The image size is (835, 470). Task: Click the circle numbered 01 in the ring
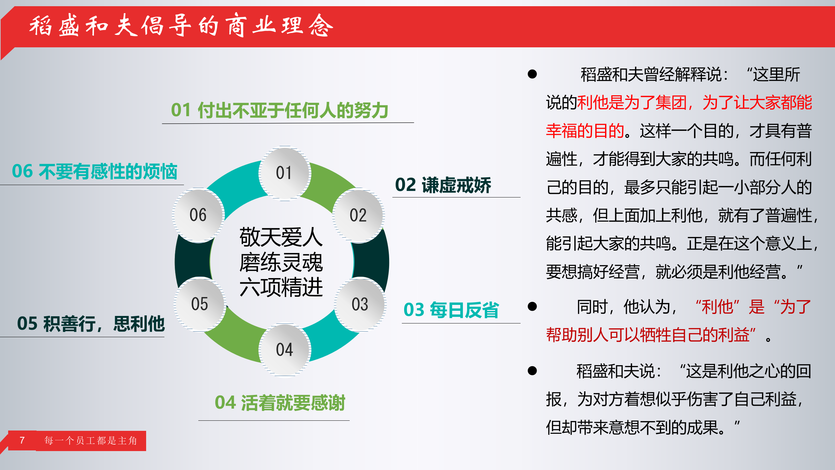click(284, 173)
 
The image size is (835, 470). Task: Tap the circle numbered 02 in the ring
click(358, 215)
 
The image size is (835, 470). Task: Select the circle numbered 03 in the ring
click(360, 304)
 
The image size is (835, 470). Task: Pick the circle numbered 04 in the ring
click(284, 350)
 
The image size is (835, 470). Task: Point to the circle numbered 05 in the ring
click(200, 304)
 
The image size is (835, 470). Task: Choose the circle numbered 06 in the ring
click(198, 215)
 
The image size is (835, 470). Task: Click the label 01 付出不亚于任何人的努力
click(280, 110)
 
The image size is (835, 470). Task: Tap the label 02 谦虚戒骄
click(443, 185)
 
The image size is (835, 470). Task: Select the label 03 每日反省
click(451, 310)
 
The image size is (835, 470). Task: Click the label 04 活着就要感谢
click(280, 403)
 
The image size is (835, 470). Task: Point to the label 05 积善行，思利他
click(91, 324)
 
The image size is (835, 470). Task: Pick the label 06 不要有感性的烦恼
click(95, 172)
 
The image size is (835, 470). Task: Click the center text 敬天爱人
click(281, 237)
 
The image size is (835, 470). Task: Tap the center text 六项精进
click(281, 288)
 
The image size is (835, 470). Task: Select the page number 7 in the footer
click(22, 441)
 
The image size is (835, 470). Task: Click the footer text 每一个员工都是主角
click(91, 441)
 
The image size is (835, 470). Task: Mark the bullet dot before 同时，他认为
click(532, 306)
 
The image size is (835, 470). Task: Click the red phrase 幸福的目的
click(585, 131)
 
